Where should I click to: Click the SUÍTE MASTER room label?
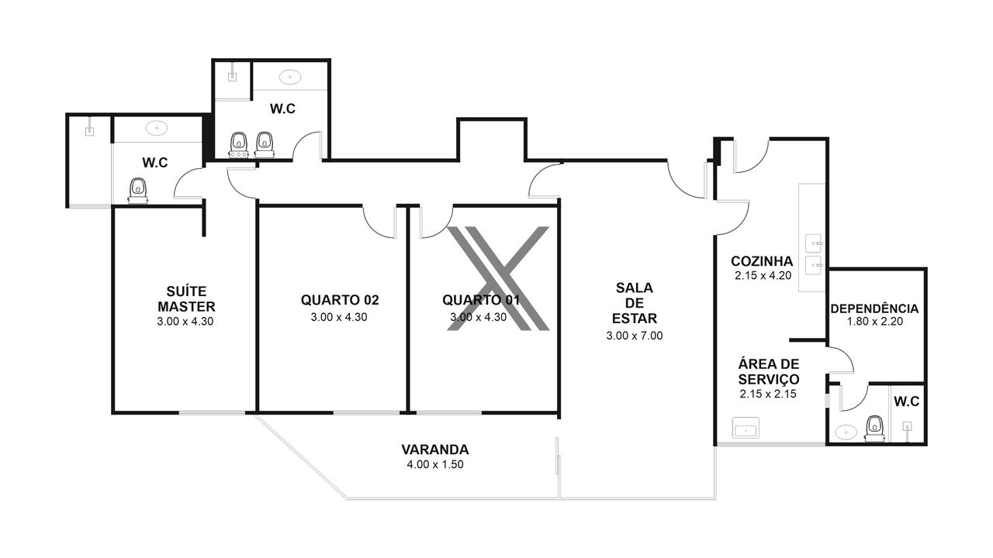(x=187, y=299)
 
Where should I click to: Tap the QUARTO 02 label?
(x=340, y=300)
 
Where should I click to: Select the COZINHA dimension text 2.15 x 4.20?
(x=763, y=275)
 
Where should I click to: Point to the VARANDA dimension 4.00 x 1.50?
(x=435, y=464)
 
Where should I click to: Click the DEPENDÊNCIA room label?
(x=874, y=308)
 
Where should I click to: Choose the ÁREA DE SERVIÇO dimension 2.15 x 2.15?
(x=768, y=394)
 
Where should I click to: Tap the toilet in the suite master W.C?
(x=138, y=191)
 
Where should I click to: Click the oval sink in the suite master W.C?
(x=157, y=129)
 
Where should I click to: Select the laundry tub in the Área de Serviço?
(x=746, y=428)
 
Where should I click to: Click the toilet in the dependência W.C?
(x=874, y=429)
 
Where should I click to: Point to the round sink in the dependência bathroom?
(x=846, y=432)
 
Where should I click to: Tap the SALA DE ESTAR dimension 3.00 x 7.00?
(x=635, y=336)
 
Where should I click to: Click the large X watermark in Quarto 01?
(x=498, y=278)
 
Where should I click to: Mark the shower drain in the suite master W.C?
(x=89, y=132)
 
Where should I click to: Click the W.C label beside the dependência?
(x=907, y=401)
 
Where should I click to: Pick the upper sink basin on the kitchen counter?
(x=814, y=243)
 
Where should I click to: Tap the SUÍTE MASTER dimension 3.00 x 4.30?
(x=185, y=322)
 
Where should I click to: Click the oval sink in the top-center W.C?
(x=290, y=77)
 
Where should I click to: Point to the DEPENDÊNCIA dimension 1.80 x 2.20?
(x=875, y=322)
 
